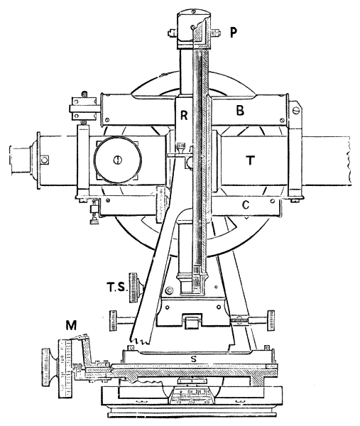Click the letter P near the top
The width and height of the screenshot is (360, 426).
[233, 33]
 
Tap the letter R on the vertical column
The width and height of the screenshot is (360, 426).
[184, 115]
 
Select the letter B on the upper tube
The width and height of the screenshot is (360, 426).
[240, 111]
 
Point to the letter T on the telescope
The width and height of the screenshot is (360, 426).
[250, 160]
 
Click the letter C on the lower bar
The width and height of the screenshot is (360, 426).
[246, 205]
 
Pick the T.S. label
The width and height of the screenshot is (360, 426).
[117, 288]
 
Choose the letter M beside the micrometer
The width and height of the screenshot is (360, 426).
[71, 325]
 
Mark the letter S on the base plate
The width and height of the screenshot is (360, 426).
[193, 359]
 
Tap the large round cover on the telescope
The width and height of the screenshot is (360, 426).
[118, 160]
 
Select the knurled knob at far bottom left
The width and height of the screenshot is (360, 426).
[50, 367]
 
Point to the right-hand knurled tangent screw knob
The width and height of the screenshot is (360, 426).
[271, 321]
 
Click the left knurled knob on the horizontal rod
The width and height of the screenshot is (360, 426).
[113, 321]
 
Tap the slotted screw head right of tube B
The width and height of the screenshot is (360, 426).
[296, 111]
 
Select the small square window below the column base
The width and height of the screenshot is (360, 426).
[192, 322]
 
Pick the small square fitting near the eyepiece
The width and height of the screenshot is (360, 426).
[44, 160]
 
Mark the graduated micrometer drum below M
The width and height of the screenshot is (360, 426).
[65, 368]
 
